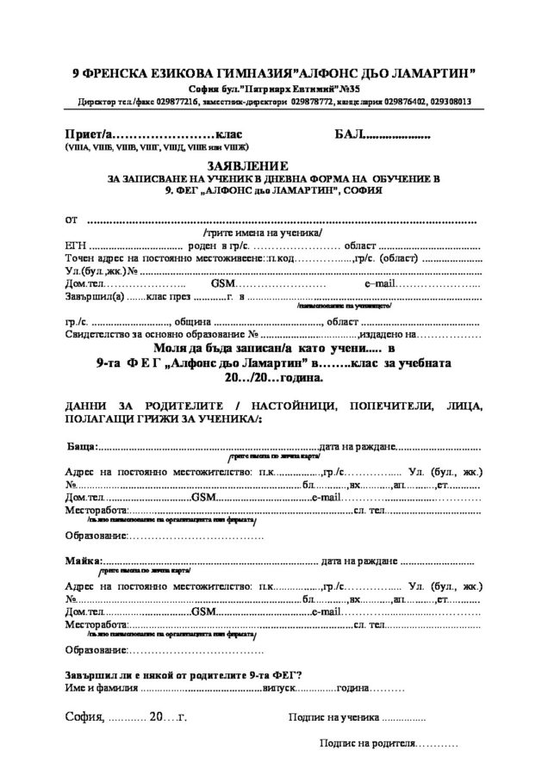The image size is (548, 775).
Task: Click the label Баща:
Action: (x=84, y=447)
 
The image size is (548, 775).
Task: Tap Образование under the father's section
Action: (x=96, y=536)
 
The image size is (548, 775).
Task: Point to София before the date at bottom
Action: (x=84, y=716)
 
